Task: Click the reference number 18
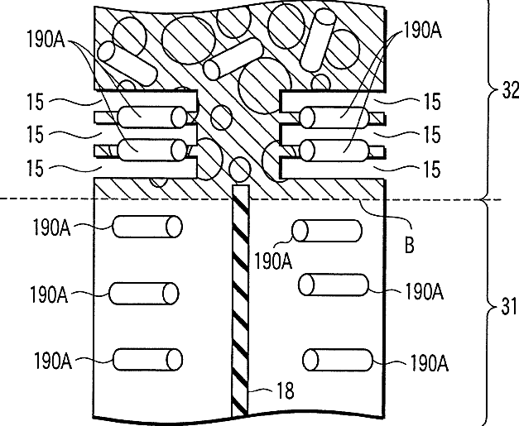pos(285,390)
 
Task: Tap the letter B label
pos(410,246)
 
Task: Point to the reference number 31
pos(509,306)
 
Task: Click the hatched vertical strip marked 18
pos(240,300)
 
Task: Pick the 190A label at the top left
pos(46,39)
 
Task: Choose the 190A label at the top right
pos(422,31)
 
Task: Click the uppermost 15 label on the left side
pos(35,102)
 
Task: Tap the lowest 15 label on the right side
pos(432,169)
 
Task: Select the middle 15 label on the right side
pos(432,135)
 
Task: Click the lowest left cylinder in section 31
pos(147,360)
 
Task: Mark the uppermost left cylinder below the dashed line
pos(147,227)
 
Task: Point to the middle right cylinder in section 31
pos(333,285)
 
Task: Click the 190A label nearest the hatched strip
pos(273,261)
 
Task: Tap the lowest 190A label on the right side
pos(430,363)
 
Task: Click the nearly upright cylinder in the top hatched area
pos(318,40)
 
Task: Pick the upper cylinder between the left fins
pos(152,117)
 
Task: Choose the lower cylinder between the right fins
pos(334,151)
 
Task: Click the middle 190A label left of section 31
pos(49,294)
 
